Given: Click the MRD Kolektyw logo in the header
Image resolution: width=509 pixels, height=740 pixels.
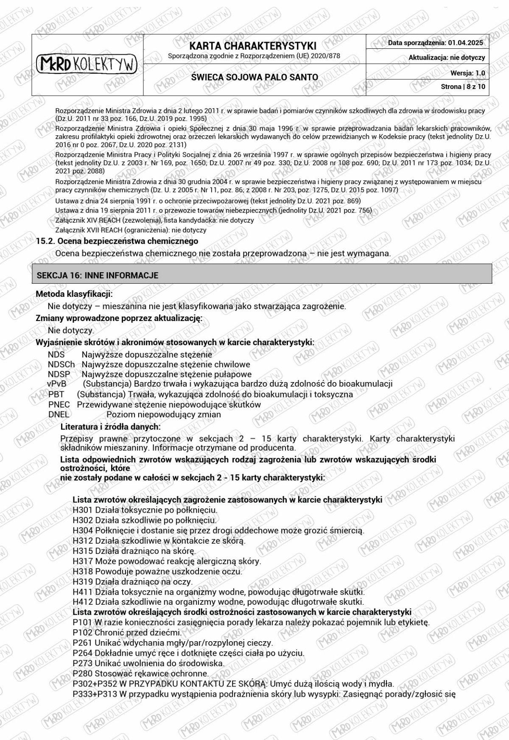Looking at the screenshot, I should (87, 64).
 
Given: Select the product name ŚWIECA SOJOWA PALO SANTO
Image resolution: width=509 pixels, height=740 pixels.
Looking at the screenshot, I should (255, 77).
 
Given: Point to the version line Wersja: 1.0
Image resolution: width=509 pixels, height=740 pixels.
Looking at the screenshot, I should (467, 73).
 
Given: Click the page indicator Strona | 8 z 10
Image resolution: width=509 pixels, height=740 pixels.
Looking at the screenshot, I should (463, 87).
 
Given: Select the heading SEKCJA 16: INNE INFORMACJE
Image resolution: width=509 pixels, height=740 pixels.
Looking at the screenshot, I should (98, 275).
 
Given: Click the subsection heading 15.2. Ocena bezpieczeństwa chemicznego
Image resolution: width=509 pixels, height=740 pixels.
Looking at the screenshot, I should (117, 241).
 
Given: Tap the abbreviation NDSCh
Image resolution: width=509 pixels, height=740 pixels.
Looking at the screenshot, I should (61, 364).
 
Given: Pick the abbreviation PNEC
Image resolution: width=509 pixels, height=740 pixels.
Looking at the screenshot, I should (59, 405).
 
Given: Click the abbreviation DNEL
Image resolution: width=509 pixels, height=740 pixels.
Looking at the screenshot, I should (59, 414).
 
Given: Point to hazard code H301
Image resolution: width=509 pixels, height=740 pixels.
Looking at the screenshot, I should (83, 510).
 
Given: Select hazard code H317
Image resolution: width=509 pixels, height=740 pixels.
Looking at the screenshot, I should (83, 561).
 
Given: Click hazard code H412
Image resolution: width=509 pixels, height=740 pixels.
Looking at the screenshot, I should (83, 602).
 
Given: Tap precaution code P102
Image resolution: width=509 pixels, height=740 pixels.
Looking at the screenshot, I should (83, 632).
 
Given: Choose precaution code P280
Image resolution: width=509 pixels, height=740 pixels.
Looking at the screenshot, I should (83, 673).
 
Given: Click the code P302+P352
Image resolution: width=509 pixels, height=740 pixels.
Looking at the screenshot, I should (95, 684).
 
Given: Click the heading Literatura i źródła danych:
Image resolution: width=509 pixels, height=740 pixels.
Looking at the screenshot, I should (110, 427).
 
